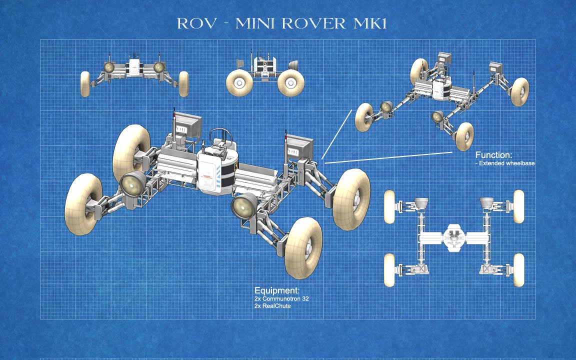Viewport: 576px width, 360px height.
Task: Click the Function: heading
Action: (x=493, y=155)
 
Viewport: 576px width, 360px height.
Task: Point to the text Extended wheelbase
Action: (x=506, y=163)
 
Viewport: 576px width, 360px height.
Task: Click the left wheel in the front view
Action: (x=85, y=83)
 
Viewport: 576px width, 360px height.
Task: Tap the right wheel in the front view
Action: (x=183, y=83)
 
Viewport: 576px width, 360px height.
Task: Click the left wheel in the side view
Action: (x=239, y=82)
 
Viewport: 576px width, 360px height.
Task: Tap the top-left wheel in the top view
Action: (x=390, y=206)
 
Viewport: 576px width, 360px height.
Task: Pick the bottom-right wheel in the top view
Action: (x=518, y=270)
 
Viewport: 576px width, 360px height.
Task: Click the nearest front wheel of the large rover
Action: (x=303, y=247)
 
